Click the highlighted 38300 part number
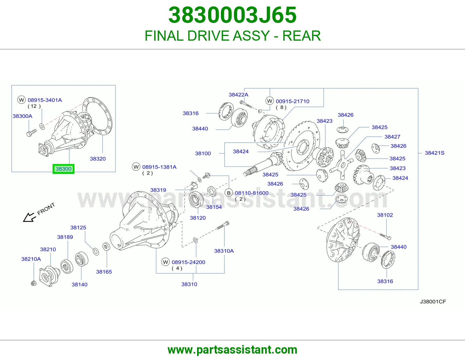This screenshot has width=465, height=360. click(x=63, y=169)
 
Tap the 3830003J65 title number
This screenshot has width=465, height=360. click(x=233, y=15)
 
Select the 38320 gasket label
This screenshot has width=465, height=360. click(x=98, y=159)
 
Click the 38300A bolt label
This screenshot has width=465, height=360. click(x=22, y=116)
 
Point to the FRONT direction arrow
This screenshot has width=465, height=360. click(x=30, y=217)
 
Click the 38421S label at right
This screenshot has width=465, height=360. click(x=434, y=153)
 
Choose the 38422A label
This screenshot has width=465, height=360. click(x=238, y=95)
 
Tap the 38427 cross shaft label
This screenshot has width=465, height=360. click(x=392, y=137)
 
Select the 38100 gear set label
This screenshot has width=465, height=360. click(x=203, y=153)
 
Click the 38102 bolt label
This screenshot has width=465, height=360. click(x=385, y=215)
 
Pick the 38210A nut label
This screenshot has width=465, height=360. click(x=31, y=259)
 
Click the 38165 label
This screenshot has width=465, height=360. click(x=104, y=272)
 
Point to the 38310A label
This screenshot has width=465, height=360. click(x=224, y=251)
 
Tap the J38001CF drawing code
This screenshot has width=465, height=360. click(x=433, y=302)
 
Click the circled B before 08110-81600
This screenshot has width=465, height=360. click(x=229, y=193)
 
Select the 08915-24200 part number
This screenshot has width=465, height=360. click(x=188, y=262)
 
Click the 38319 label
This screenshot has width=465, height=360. click(x=158, y=190)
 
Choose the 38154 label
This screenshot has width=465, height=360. click(x=214, y=207)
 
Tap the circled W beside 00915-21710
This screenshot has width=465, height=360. click(x=270, y=101)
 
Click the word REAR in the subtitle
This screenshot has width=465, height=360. click(x=301, y=36)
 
